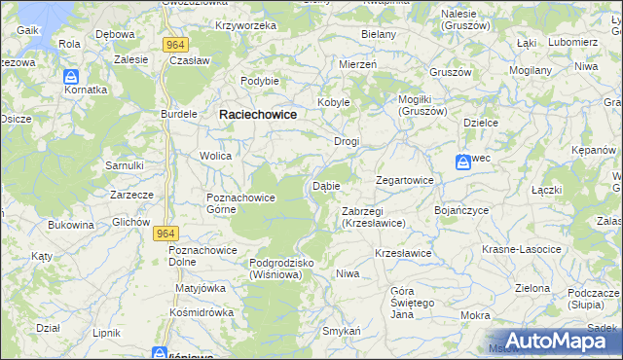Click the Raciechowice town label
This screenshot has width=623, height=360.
tap(258, 114)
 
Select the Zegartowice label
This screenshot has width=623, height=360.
tap(405, 181)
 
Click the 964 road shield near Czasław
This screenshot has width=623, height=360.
tap(175, 45)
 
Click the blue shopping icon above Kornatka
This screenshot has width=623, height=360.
tap(71, 75)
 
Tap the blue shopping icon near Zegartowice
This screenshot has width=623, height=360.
tap(463, 162)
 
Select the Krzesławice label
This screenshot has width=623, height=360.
tap(403, 253)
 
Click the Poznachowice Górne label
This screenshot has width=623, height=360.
tap(241, 203)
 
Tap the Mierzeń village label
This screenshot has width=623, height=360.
tap(357, 63)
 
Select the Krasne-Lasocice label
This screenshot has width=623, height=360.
tap(522, 249)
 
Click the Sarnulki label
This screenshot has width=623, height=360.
tap(125, 165)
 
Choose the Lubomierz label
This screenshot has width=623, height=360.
tap(571, 43)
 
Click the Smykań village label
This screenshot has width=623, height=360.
tap(342, 332)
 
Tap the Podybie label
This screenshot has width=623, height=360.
tap(260, 81)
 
